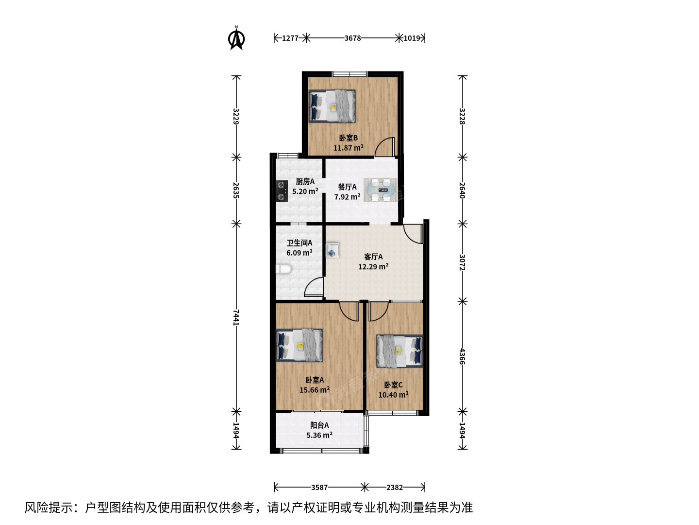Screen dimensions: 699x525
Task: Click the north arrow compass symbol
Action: [236, 38]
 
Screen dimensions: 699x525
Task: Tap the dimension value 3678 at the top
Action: [352, 38]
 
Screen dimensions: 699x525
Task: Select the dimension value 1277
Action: [290, 38]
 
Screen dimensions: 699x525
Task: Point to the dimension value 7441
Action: [236, 317]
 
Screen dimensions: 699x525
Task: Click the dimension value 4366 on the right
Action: [463, 357]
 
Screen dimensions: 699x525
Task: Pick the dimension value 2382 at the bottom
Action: [395, 488]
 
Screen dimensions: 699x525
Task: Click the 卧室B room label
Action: [348, 138]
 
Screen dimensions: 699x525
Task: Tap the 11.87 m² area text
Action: [349, 148]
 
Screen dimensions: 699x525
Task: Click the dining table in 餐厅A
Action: [381, 190]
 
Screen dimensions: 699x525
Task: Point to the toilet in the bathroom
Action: [284, 269]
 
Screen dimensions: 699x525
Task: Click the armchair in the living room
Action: [333, 250]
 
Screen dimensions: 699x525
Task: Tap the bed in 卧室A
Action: [299, 345]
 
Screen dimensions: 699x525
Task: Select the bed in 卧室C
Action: [399, 351]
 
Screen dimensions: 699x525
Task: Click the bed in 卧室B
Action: [332, 106]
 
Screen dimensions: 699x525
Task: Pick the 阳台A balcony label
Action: [319, 425]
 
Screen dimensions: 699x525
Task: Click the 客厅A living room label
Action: [373, 257]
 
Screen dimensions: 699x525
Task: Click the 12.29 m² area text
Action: [373, 266]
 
